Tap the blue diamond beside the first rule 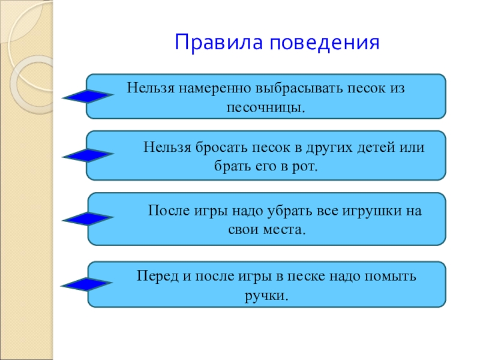pyautogui.click(x=88, y=96)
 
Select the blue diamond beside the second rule pyautogui.click(x=88, y=155)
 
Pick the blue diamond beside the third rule pyautogui.click(x=88, y=219)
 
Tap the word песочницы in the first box pyautogui.click(x=264, y=109)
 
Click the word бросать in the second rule pyautogui.click(x=220, y=147)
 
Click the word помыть pyautogui.click(x=391, y=277)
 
